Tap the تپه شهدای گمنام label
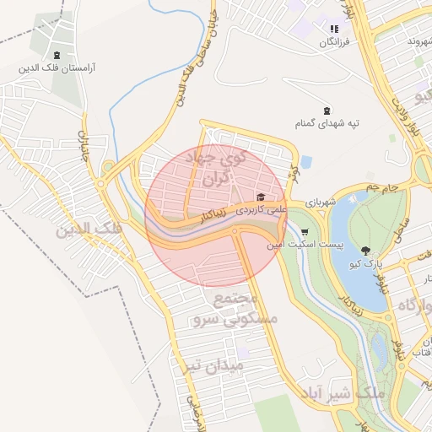pos(328,123)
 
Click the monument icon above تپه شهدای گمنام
pos(327,111)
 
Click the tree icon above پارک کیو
pos(365,250)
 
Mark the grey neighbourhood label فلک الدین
pos(89,229)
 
